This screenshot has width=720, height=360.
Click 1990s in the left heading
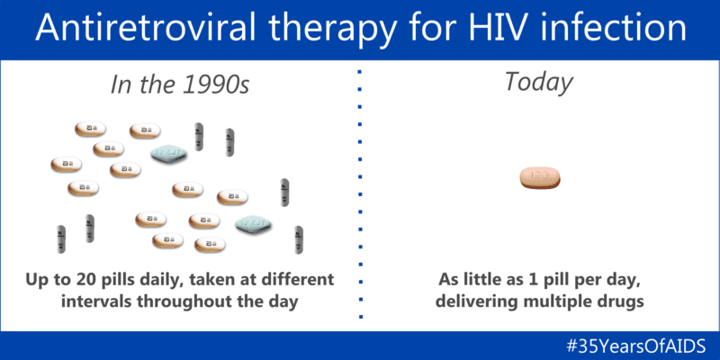tap(214, 85)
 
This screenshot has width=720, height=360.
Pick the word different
tap(296, 279)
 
